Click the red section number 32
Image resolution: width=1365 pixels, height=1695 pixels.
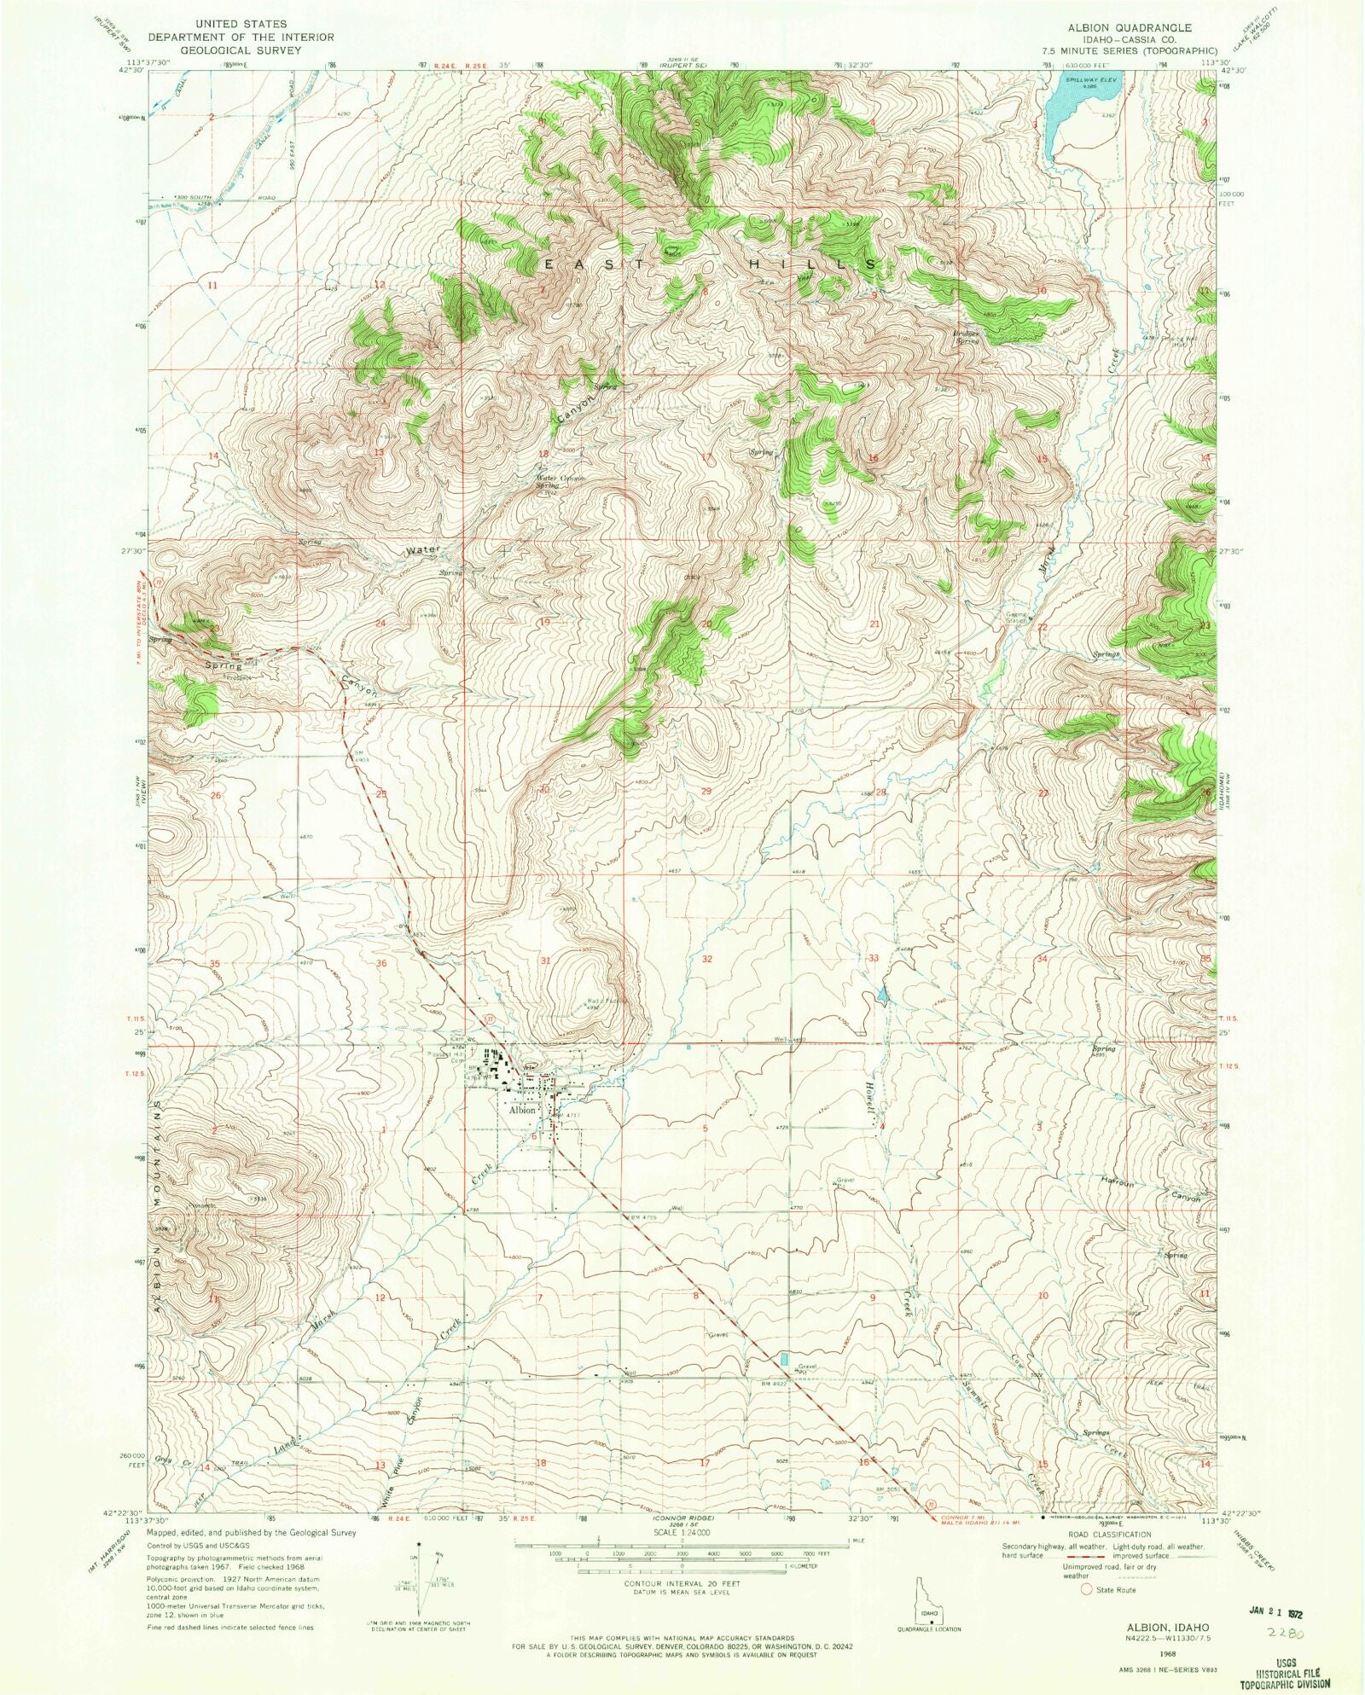[x=706, y=959]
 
